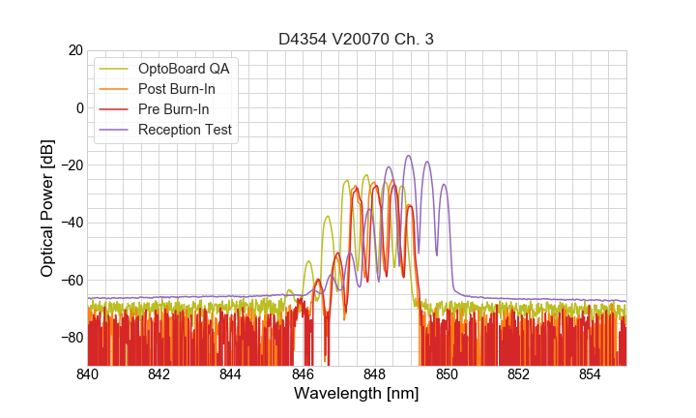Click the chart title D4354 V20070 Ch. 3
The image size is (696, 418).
tap(357, 40)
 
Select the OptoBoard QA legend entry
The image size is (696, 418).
tap(184, 69)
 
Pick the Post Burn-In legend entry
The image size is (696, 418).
tap(176, 89)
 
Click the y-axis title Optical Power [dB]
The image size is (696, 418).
tap(46, 208)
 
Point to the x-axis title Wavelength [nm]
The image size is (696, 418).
tap(357, 394)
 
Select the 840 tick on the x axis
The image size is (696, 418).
tap(87, 373)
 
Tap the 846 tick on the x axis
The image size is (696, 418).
tap(303, 373)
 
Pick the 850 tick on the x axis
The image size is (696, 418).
tap(447, 373)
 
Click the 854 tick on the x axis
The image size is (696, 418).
tap(591, 373)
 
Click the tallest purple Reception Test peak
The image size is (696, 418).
tap(409, 156)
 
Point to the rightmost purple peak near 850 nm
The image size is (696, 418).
tap(445, 185)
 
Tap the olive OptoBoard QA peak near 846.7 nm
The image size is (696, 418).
tap(328, 217)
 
